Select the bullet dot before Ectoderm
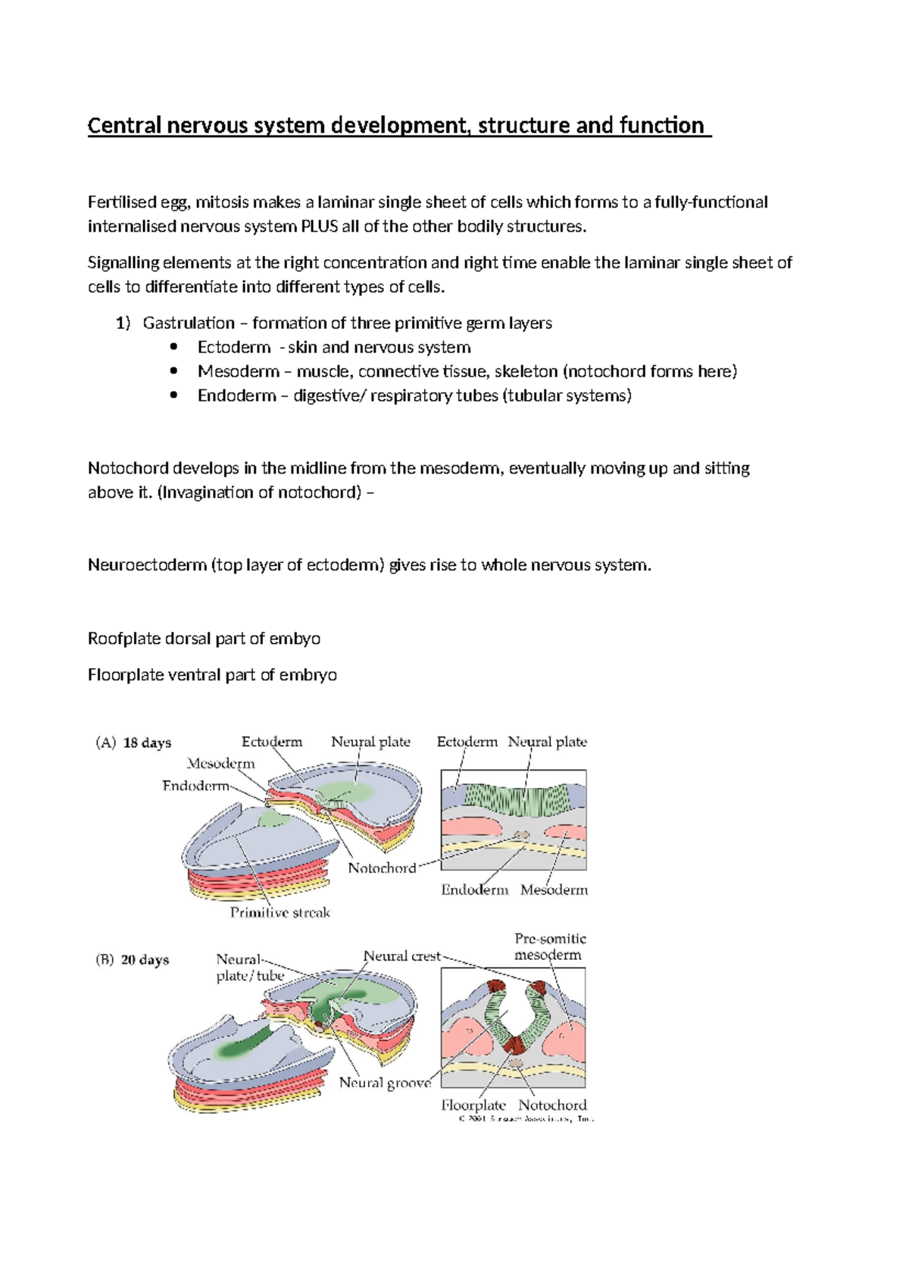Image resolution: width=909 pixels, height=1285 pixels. pyautogui.click(x=174, y=347)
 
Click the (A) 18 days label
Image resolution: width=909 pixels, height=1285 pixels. pyautogui.click(x=133, y=743)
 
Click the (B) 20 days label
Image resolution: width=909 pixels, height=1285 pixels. pyautogui.click(x=132, y=960)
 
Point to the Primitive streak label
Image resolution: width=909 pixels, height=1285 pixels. pyautogui.click(x=280, y=913)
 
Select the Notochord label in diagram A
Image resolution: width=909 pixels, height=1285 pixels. pyautogui.click(x=382, y=868)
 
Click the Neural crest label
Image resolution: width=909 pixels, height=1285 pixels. pyautogui.click(x=401, y=956)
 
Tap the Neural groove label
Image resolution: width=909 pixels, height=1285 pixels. pyautogui.click(x=384, y=1083)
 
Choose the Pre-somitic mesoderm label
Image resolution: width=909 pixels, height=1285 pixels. pyautogui.click(x=549, y=947)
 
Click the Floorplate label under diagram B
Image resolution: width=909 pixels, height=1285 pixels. pyautogui.click(x=473, y=1105)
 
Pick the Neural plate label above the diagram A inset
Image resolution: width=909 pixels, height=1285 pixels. pyautogui.click(x=547, y=743)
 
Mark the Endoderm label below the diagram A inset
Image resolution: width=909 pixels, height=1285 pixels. pyautogui.click(x=474, y=890)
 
